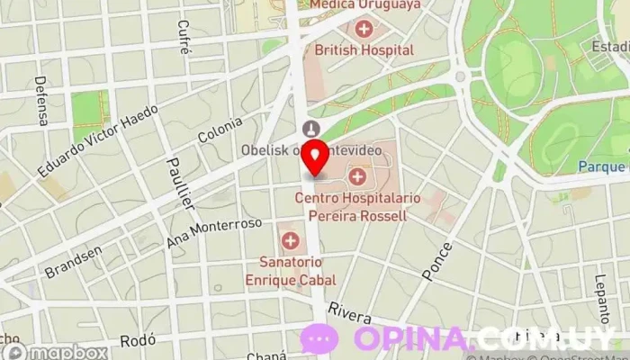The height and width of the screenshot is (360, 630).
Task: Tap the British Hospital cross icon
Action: (x=364, y=30)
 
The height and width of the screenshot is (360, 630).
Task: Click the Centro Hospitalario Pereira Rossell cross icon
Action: (x=358, y=175)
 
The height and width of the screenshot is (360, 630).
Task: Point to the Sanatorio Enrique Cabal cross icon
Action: (x=290, y=240)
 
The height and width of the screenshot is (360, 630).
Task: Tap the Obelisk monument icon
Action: (x=311, y=129)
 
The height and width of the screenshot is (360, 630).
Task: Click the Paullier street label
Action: (x=181, y=185)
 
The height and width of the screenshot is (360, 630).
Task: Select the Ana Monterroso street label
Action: (x=214, y=232)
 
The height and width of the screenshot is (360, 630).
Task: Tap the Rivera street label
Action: (x=349, y=311)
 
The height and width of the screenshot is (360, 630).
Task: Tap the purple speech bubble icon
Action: (x=319, y=339)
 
